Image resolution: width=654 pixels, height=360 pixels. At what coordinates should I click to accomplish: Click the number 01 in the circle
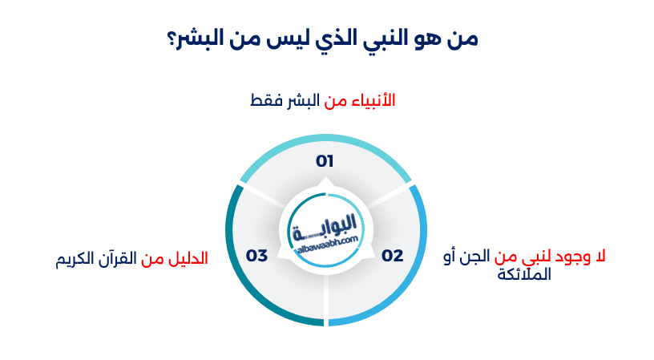(324, 161)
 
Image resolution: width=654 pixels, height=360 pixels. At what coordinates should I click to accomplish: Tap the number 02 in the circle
(392, 256)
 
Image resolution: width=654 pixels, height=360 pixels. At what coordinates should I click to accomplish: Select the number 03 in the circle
(256, 256)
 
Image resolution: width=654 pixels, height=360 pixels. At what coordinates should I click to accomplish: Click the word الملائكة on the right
(525, 274)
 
